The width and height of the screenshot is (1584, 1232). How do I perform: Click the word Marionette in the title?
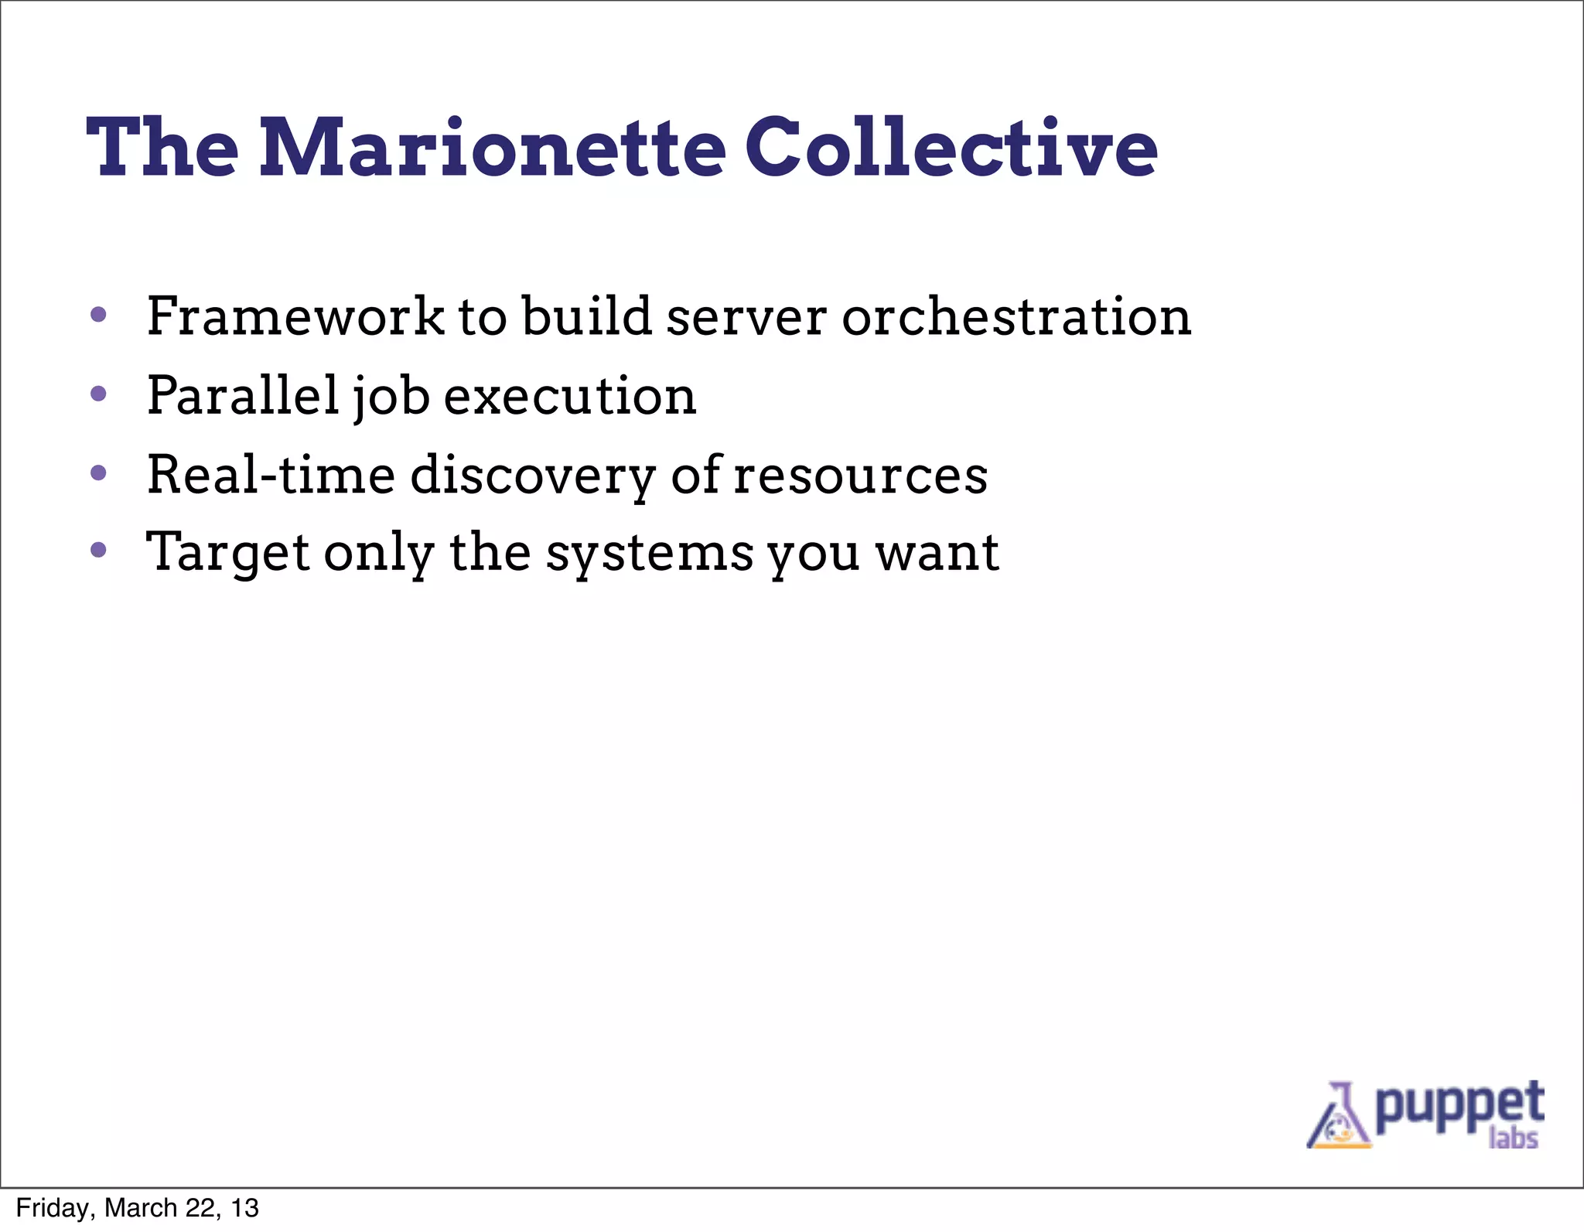492,148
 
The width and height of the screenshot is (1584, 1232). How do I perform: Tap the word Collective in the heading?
951,148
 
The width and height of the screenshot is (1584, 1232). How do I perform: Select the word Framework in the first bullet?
295,317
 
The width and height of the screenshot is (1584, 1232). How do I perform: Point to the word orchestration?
1016,317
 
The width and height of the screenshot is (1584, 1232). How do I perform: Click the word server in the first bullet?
746,319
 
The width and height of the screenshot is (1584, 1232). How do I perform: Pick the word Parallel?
243,395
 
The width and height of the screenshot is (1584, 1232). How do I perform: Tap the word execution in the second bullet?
570,397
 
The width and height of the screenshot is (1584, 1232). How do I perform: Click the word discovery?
532,476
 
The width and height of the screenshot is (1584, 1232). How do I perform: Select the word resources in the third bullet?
860,476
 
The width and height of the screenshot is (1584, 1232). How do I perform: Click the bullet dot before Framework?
98,314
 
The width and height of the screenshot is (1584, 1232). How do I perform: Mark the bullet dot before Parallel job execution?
98,394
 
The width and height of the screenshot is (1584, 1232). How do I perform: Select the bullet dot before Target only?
98,550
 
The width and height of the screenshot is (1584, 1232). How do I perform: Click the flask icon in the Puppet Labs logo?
1337,1118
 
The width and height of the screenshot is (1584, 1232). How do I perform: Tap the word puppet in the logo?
1459,1106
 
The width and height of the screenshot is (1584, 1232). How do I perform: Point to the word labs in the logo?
1513,1138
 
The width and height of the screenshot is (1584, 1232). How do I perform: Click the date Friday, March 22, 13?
137,1208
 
